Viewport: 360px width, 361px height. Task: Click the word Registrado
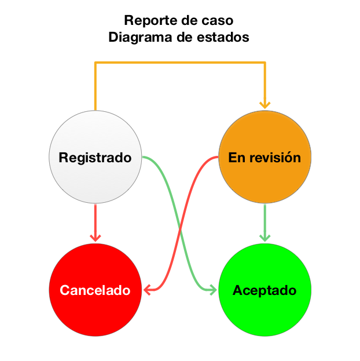(x=95, y=158)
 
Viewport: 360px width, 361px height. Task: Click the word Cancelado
(x=95, y=290)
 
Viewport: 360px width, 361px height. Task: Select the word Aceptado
(x=265, y=290)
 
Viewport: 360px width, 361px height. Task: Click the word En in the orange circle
(x=236, y=158)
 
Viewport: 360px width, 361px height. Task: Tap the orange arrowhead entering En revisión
(x=265, y=104)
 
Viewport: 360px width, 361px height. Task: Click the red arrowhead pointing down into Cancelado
(x=95, y=238)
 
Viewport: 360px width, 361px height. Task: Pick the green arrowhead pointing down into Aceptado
(x=265, y=238)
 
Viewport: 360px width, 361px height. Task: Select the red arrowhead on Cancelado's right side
(x=148, y=289)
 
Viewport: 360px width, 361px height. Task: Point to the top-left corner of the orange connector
(x=95, y=63)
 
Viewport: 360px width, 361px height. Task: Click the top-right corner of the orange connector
(x=265, y=63)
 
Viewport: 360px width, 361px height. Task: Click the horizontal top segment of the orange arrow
(x=179, y=63)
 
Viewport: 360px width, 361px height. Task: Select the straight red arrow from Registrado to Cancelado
(x=95, y=220)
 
